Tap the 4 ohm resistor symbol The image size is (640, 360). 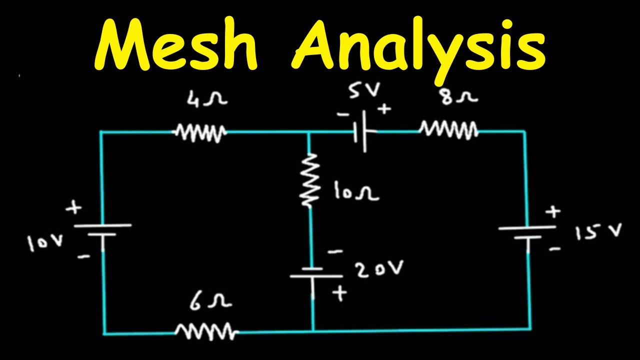coord(200,132)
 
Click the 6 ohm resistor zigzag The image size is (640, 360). coord(206,331)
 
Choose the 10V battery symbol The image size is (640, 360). coord(103,229)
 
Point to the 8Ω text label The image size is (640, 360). coord(460,96)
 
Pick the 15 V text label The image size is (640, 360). coord(598,232)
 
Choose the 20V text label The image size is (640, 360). coord(378,270)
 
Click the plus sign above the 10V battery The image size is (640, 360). coord(75,207)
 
